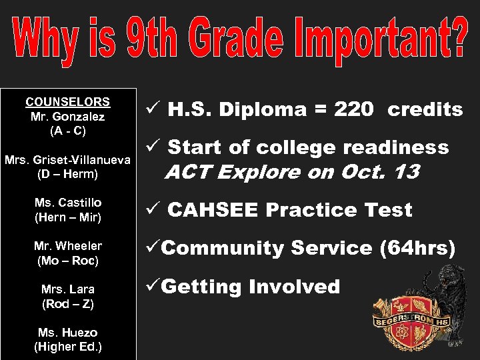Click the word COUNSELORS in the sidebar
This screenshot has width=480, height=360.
pyautogui.click(x=67, y=102)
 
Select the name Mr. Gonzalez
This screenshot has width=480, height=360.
pyautogui.click(x=67, y=117)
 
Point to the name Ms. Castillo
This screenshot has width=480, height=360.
pyautogui.click(x=67, y=202)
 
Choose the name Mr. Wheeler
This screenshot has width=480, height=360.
pyautogui.click(x=67, y=246)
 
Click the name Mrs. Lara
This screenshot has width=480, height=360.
pyautogui.click(x=67, y=289)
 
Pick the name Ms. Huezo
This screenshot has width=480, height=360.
pyautogui.click(x=67, y=332)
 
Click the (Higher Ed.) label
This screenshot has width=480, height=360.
pyautogui.click(x=67, y=347)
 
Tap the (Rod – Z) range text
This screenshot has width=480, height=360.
pyautogui.click(x=67, y=304)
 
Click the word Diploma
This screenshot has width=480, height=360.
pyautogui.click(x=255, y=110)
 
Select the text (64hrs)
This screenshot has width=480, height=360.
pyautogui.click(x=417, y=249)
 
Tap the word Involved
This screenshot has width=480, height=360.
pyautogui.click(x=294, y=287)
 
